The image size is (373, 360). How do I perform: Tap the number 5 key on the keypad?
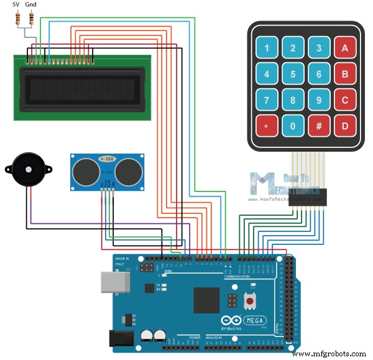292,74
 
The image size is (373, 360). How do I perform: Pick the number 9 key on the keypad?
318,100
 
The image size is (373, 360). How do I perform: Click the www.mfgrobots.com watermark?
329,353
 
